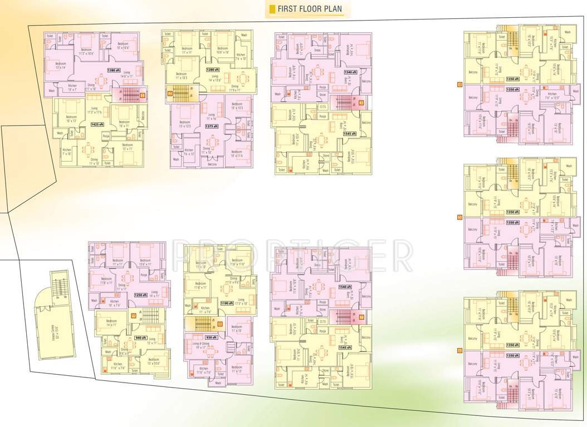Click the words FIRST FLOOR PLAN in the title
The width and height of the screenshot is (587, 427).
pyautogui.click(x=310, y=9)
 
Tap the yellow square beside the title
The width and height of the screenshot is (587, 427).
pyautogui.click(x=272, y=9)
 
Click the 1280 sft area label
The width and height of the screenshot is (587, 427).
pyautogui.click(x=212, y=69)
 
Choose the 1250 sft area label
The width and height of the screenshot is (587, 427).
pyautogui.click(x=141, y=295)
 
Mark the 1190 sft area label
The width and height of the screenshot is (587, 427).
pyautogui.click(x=226, y=303)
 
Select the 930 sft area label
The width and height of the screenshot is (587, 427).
pyautogui.click(x=212, y=337)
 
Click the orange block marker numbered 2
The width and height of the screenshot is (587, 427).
pyautogui.click(x=170, y=94)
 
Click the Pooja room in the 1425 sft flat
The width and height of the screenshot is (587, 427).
pyautogui.click(x=106, y=136)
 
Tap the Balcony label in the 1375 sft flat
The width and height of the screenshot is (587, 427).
pyautogui.click(x=212, y=165)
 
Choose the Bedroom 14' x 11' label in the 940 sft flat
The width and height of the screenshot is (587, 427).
pyautogui.click(x=111, y=322)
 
